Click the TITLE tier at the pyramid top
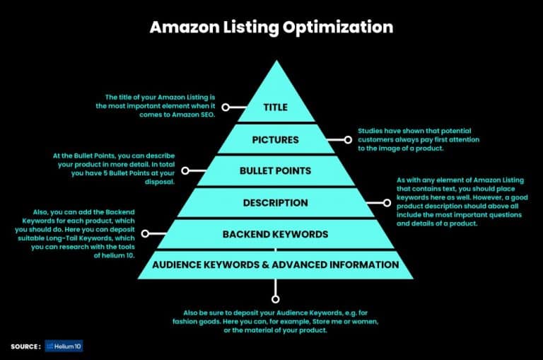[x=275, y=108]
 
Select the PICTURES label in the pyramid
[x=275, y=139]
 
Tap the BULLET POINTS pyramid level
[x=275, y=170]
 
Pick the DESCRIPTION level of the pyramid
[x=275, y=203]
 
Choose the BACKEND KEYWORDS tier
[x=275, y=234]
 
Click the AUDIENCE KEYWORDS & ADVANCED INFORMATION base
[x=275, y=265]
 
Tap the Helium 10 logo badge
[x=64, y=347]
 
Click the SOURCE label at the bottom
[x=25, y=347]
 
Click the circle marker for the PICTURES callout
[x=346, y=139]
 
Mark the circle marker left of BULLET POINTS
[x=185, y=170]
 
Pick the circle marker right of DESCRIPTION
[x=387, y=203]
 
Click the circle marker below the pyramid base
[x=275, y=300]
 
